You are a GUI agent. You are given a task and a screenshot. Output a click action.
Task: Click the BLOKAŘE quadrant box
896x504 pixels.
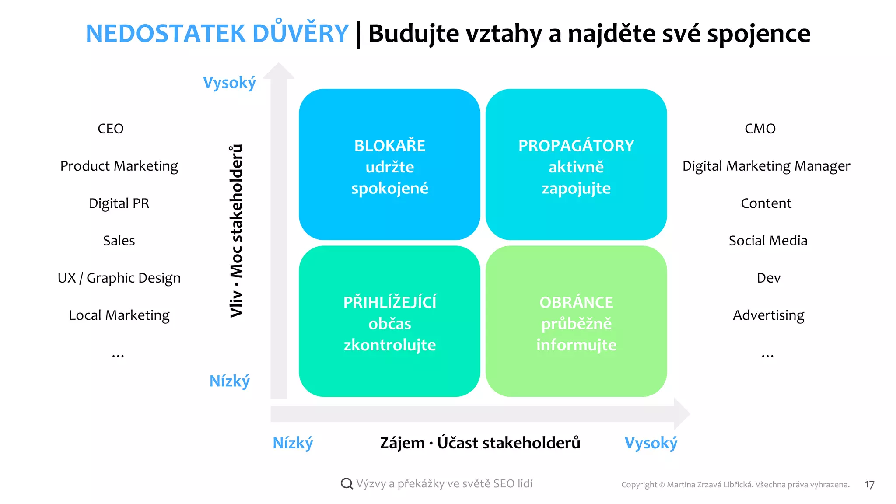(x=389, y=164)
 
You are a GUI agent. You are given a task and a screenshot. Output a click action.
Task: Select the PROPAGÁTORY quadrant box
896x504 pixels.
(x=576, y=164)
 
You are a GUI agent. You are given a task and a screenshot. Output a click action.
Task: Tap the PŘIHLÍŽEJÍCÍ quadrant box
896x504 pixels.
(x=389, y=321)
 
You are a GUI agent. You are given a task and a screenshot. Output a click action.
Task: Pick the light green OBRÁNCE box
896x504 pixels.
(x=576, y=321)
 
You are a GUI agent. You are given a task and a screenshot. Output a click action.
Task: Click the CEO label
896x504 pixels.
(x=111, y=129)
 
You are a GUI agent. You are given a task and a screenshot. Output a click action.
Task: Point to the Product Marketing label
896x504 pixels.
(x=119, y=166)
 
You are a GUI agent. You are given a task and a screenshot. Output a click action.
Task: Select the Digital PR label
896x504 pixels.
(x=119, y=203)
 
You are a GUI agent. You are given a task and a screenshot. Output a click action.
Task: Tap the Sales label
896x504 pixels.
(x=119, y=241)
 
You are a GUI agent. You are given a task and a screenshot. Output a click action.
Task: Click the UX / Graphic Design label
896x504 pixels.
(x=119, y=278)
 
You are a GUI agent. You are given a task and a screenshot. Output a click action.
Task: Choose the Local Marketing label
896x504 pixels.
(x=119, y=315)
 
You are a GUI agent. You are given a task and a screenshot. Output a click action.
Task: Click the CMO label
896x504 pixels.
(x=760, y=129)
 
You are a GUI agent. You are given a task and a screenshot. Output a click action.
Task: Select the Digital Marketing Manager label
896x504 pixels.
(x=766, y=166)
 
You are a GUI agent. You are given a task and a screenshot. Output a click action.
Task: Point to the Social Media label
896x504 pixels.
(x=768, y=241)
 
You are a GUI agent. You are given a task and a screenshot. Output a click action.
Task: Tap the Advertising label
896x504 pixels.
(x=768, y=315)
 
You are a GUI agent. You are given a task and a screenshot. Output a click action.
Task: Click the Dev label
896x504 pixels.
(x=768, y=278)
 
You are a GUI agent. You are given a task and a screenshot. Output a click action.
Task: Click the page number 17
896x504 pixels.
(x=869, y=485)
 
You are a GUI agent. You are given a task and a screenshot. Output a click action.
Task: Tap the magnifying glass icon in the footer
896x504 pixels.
(x=346, y=483)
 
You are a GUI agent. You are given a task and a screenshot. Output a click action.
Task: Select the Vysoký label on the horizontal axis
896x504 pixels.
(x=651, y=443)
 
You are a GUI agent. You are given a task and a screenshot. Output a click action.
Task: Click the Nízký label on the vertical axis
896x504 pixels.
(x=229, y=381)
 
